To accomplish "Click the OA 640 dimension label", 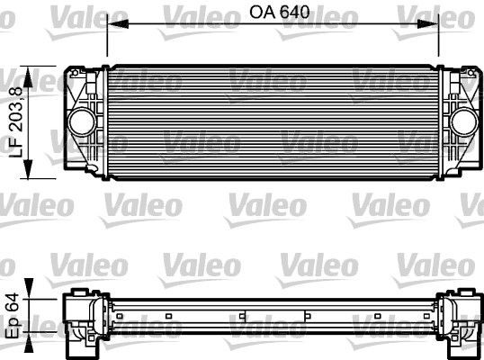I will (x=273, y=14).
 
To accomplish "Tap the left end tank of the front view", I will (x=85, y=120).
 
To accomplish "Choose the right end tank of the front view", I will (x=460, y=120).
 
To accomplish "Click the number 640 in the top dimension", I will (x=287, y=14).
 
